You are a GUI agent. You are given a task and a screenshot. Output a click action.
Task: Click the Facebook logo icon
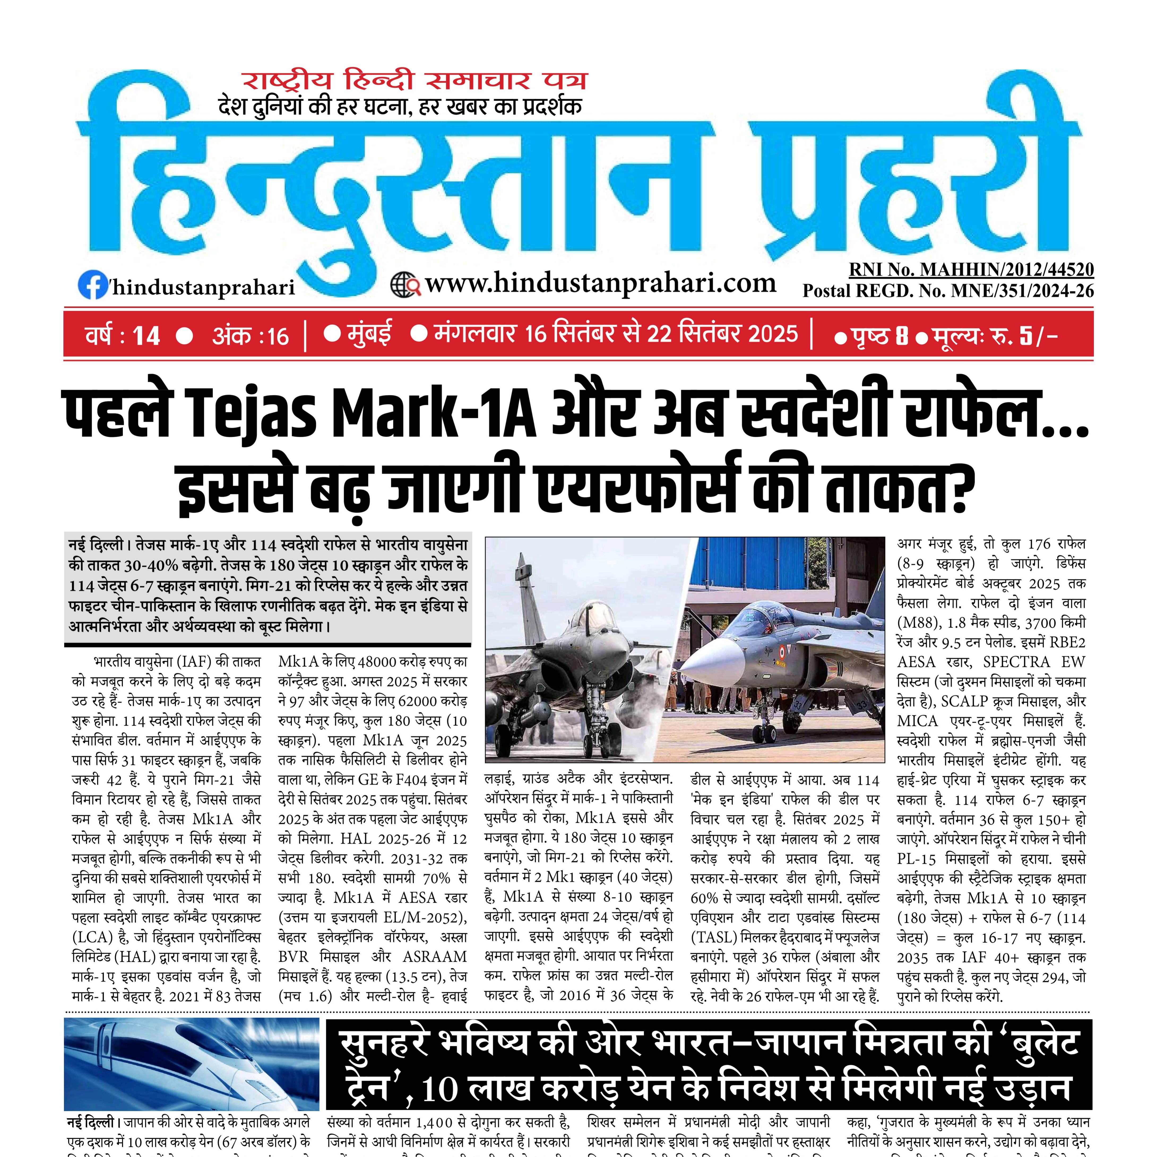coord(93,284)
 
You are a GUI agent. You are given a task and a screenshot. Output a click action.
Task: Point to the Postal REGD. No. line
coord(948,291)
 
